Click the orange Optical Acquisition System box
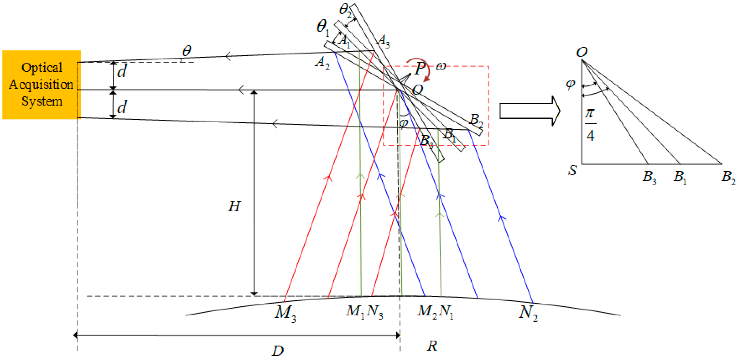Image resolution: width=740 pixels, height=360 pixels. click(41, 84)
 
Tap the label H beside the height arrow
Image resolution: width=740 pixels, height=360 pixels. click(234, 207)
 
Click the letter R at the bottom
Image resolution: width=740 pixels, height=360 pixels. click(432, 346)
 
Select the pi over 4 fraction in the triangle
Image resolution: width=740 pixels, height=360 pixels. click(590, 124)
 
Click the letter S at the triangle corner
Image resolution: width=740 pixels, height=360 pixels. click(572, 170)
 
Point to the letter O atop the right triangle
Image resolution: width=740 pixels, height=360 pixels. click(582, 52)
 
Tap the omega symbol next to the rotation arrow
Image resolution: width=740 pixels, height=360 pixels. click(441, 67)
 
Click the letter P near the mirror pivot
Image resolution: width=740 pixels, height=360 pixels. click(420, 68)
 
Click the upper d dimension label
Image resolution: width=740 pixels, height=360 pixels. click(122, 71)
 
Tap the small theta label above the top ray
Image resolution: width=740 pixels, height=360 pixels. click(187, 51)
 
